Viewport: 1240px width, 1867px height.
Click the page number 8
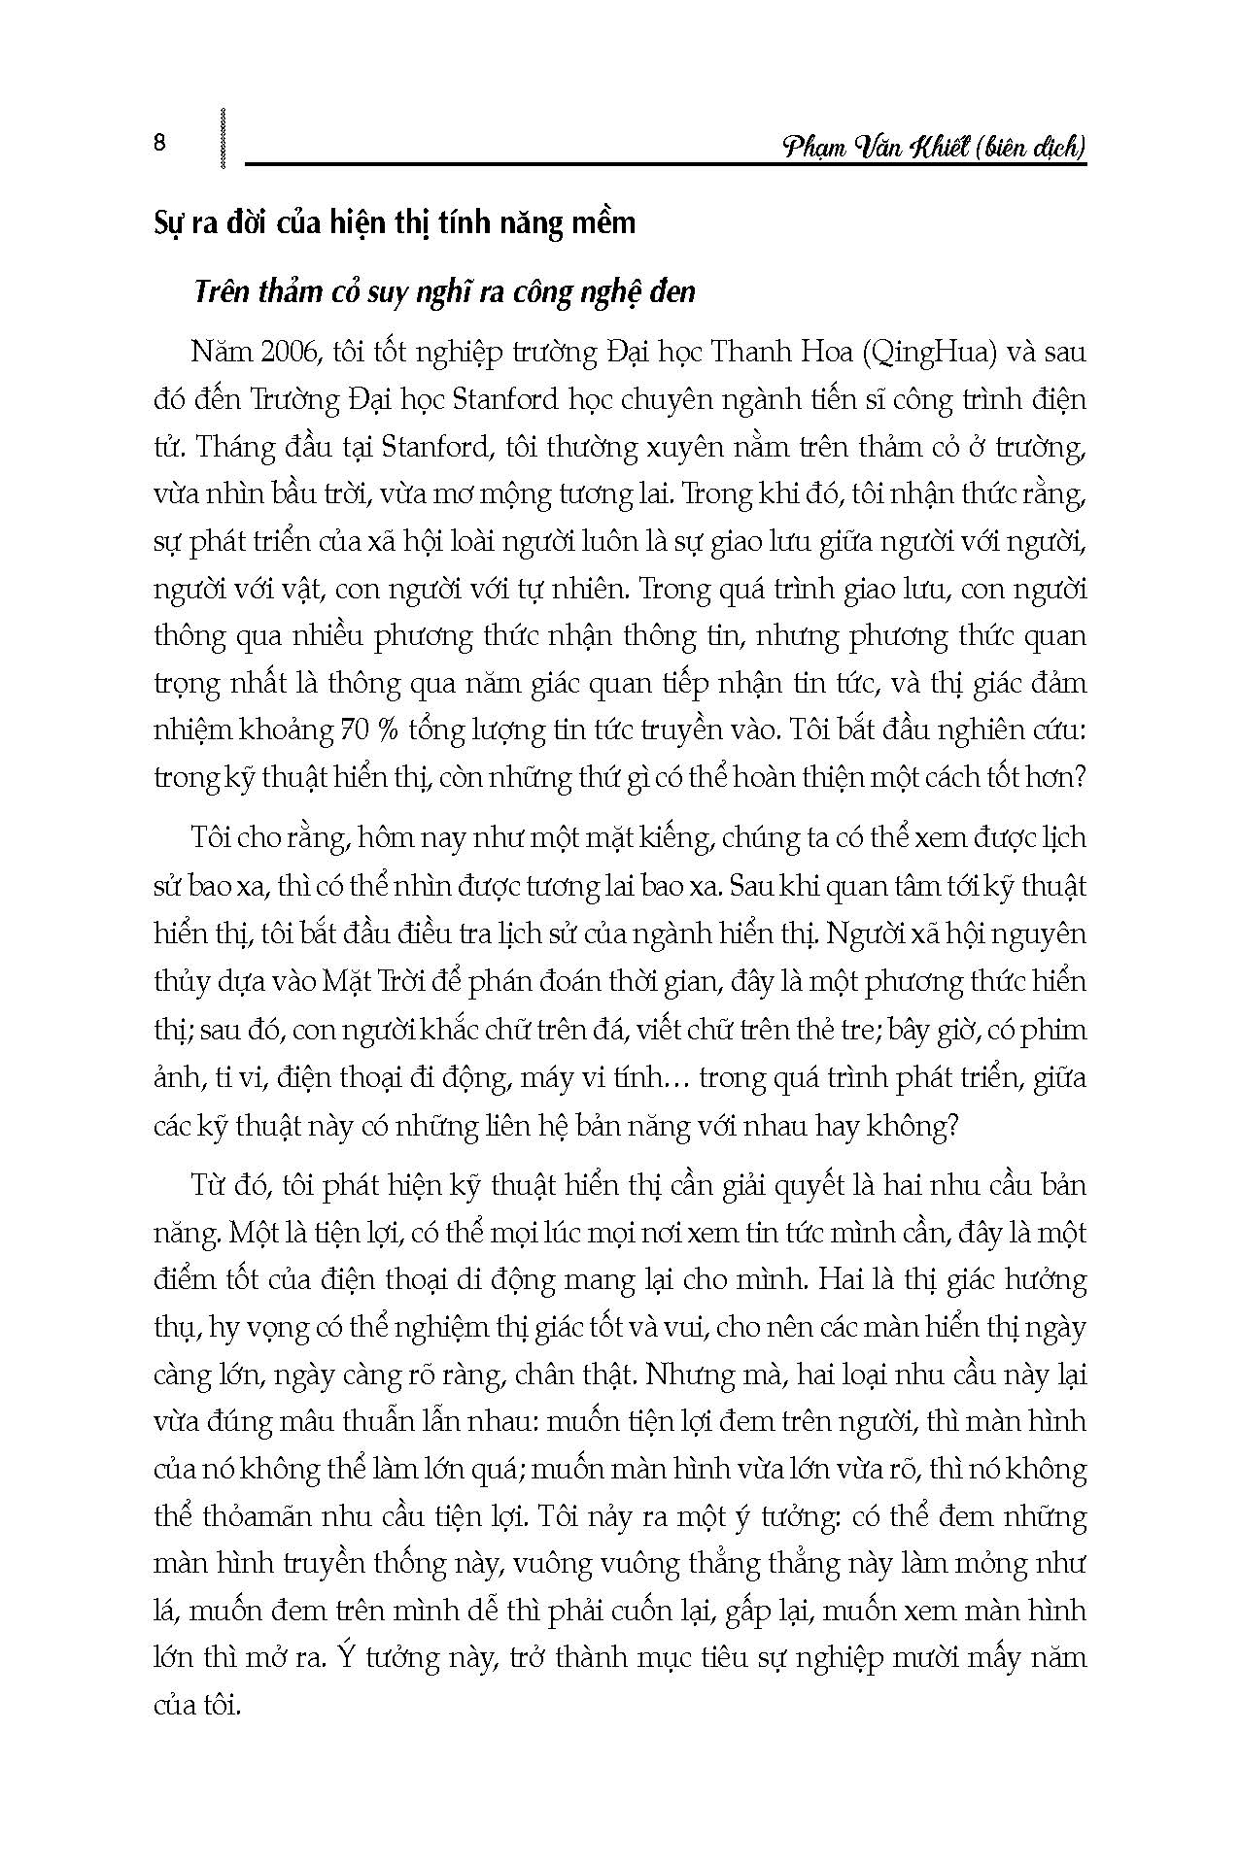160,145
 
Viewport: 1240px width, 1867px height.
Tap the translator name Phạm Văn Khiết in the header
873,147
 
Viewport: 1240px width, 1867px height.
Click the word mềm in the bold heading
603,222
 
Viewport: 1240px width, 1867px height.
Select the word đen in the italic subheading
672,291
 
